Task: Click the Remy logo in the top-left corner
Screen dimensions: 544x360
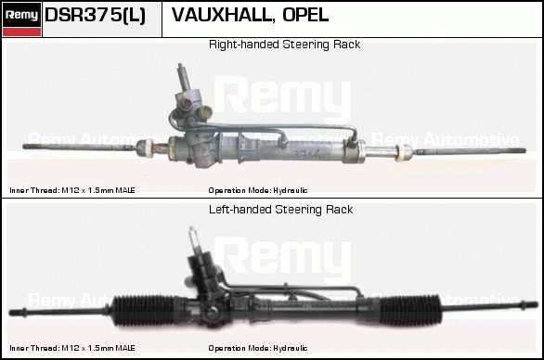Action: (x=21, y=19)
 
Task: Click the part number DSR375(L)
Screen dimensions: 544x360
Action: (x=95, y=15)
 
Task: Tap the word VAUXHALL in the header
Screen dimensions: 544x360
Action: (x=221, y=15)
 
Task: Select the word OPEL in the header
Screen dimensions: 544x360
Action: (x=305, y=15)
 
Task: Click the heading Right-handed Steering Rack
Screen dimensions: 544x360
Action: (x=284, y=45)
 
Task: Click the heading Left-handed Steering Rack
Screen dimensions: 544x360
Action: (x=280, y=210)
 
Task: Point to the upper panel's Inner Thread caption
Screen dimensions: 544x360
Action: (x=72, y=190)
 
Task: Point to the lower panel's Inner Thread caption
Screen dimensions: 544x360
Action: (x=72, y=348)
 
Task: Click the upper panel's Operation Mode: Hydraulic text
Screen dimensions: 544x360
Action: (x=258, y=190)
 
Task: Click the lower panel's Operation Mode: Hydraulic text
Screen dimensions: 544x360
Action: (x=258, y=348)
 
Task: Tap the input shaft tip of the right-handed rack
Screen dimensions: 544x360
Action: (x=180, y=65)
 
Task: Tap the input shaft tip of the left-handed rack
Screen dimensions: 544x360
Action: (x=191, y=229)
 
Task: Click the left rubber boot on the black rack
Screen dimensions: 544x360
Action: (x=144, y=310)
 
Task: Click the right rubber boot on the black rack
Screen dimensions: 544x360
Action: (x=410, y=310)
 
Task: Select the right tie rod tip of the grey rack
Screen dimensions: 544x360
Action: (x=524, y=150)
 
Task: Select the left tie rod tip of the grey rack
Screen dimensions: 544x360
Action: (x=26, y=147)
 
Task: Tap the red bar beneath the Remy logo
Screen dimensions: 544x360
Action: (x=21, y=32)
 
